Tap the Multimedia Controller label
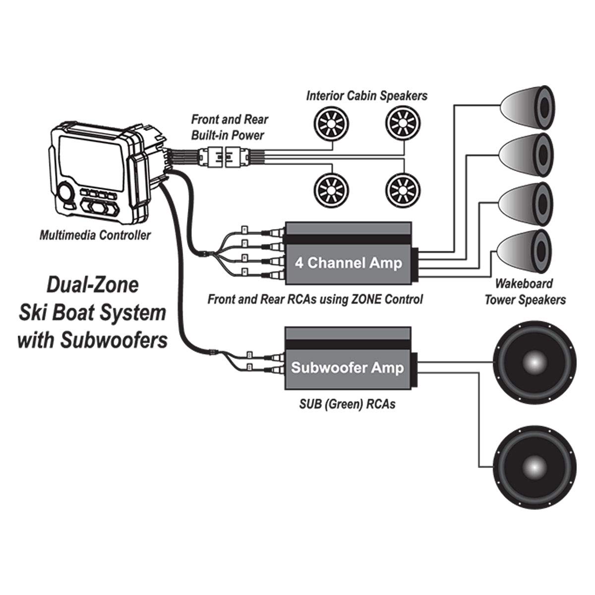click(x=95, y=236)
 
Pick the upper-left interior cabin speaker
click(x=328, y=120)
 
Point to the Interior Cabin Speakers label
click(x=366, y=95)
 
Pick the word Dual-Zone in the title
click(x=92, y=286)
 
